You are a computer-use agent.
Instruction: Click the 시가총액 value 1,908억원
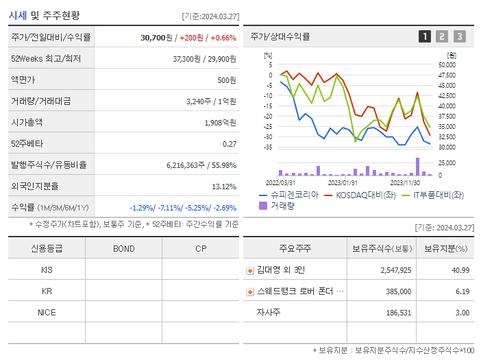(220, 123)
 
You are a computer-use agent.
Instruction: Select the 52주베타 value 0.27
(230, 144)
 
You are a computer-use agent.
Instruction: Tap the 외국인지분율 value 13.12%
(224, 187)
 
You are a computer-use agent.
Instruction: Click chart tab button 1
(425, 36)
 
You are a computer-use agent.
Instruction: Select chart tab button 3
(459, 36)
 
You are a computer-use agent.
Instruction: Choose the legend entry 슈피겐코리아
(289, 195)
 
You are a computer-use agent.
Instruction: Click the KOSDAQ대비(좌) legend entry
(360, 195)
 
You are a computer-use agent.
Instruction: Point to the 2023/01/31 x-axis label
(343, 182)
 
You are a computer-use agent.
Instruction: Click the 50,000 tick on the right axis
(446, 64)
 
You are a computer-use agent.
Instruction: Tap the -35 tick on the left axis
(269, 147)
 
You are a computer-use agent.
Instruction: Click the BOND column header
(124, 248)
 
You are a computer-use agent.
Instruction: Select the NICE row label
(47, 313)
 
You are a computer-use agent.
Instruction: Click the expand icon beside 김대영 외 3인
(250, 271)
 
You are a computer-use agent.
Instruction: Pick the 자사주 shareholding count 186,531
(395, 313)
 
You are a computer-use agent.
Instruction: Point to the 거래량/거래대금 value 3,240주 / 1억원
(211, 101)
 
